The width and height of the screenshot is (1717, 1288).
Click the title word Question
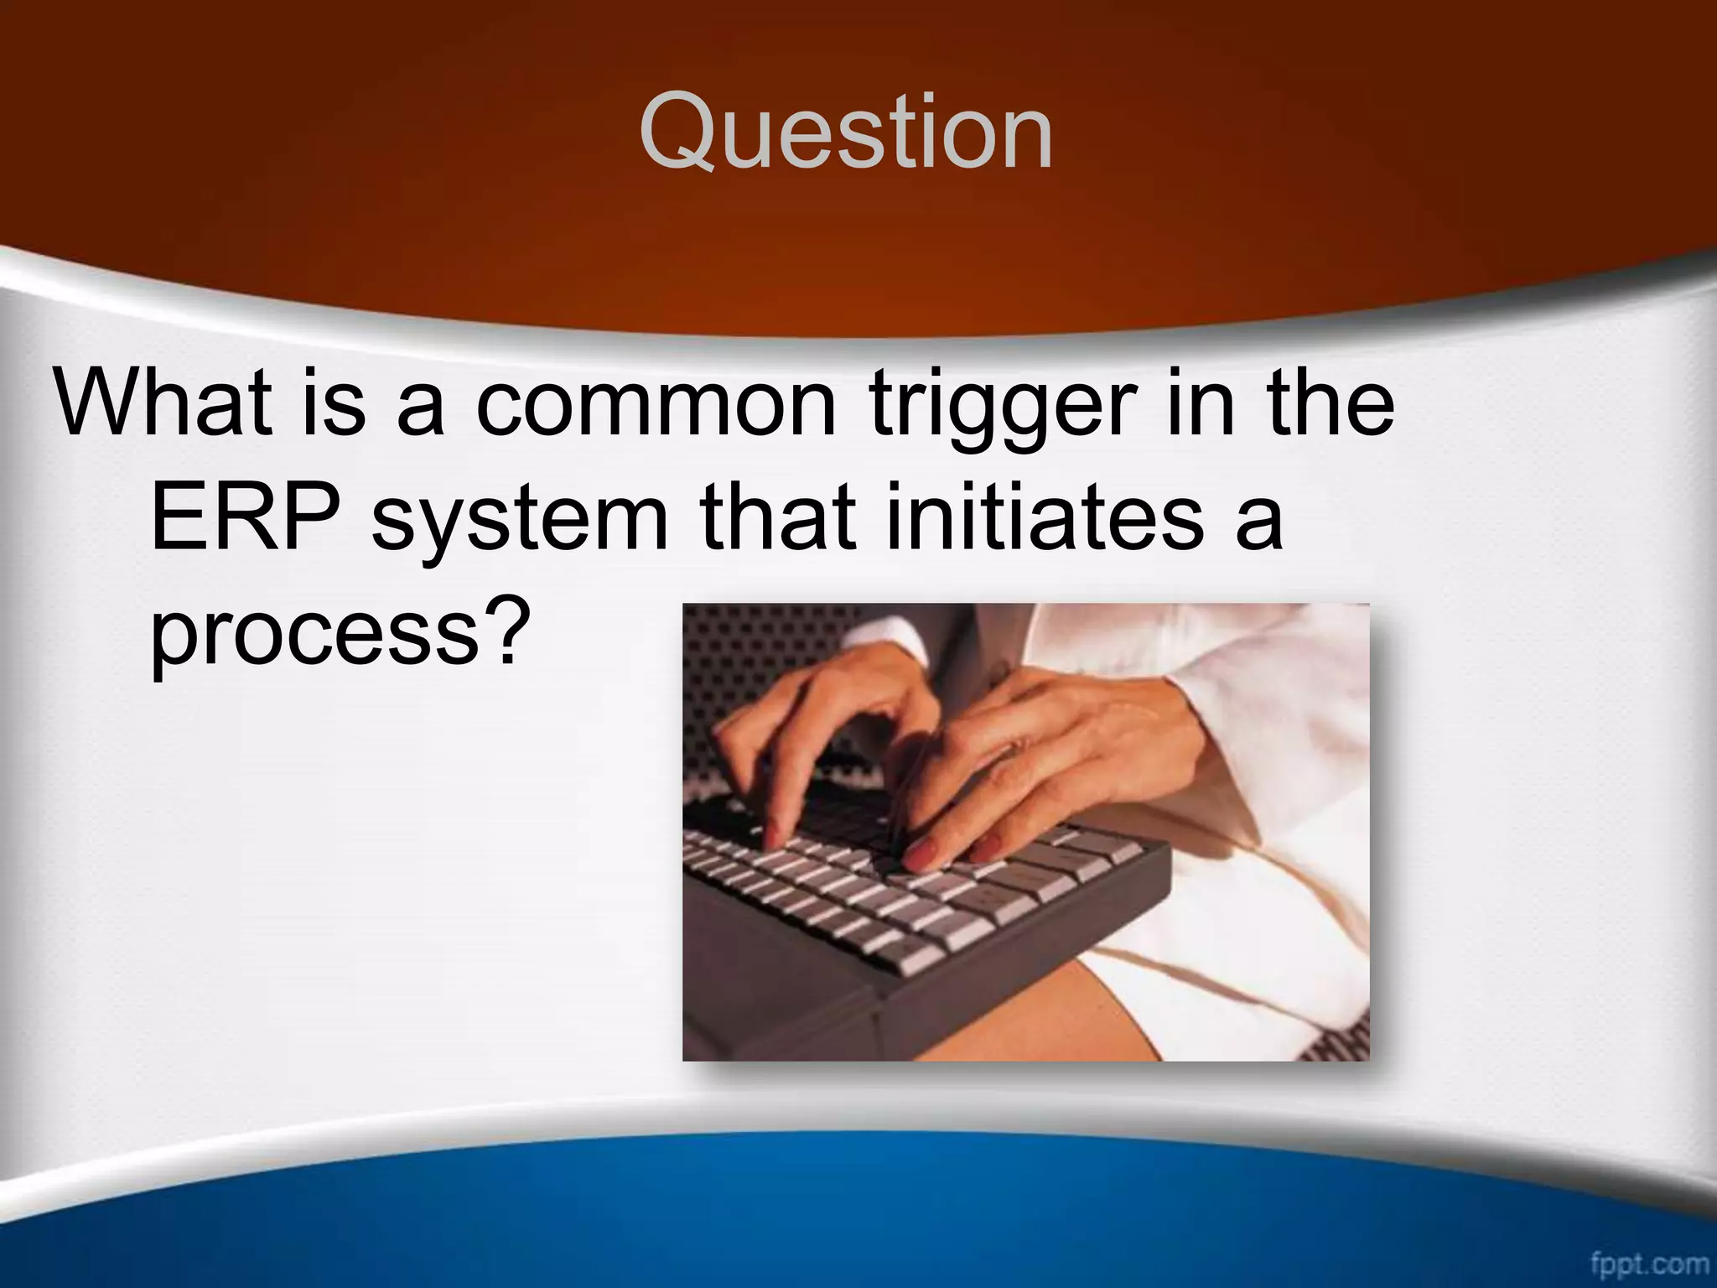tap(845, 134)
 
